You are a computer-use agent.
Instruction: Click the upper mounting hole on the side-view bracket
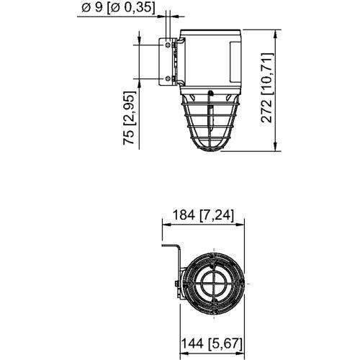pyautogui.click(x=169, y=45)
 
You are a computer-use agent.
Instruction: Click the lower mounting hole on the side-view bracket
pyautogui.click(x=169, y=78)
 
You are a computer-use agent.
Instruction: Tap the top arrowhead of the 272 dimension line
pyautogui.click(x=278, y=32)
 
